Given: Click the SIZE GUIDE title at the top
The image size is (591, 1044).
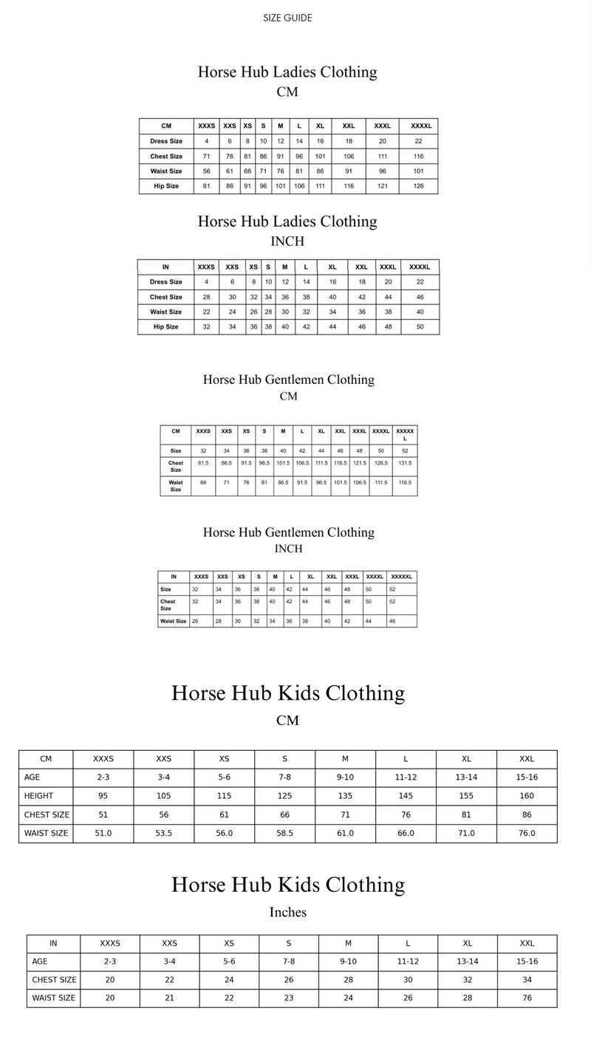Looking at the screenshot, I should [287, 18].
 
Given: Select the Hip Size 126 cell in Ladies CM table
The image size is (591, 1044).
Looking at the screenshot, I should [418, 186].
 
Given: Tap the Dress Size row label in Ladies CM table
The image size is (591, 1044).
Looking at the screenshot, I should [166, 141].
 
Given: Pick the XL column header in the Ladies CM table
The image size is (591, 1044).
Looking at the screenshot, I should [320, 126].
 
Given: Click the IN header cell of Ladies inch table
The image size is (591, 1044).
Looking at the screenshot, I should [165, 267].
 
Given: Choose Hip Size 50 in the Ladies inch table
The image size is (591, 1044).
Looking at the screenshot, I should [420, 326].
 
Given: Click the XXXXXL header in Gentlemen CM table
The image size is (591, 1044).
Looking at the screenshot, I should [405, 433].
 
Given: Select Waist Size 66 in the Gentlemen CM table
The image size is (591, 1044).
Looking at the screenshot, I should [203, 481].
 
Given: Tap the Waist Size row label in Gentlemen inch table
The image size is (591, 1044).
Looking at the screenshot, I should [174, 621].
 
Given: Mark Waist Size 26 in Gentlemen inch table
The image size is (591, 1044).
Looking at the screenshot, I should [195, 621].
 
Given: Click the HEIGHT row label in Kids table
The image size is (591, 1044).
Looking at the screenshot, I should [38, 796].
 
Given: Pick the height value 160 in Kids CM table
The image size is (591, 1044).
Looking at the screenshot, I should [527, 796].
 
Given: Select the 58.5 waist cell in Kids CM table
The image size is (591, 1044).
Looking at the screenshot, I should [284, 833].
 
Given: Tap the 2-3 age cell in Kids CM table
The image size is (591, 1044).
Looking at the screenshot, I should [103, 777].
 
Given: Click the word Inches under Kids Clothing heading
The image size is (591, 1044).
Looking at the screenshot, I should [287, 913].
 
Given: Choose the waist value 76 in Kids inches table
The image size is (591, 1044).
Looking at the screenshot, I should [527, 998].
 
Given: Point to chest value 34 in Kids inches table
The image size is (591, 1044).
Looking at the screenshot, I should [527, 980].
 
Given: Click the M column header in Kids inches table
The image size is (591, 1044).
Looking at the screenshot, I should [348, 944].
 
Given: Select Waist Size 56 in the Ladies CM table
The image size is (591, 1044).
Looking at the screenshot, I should [206, 171].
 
